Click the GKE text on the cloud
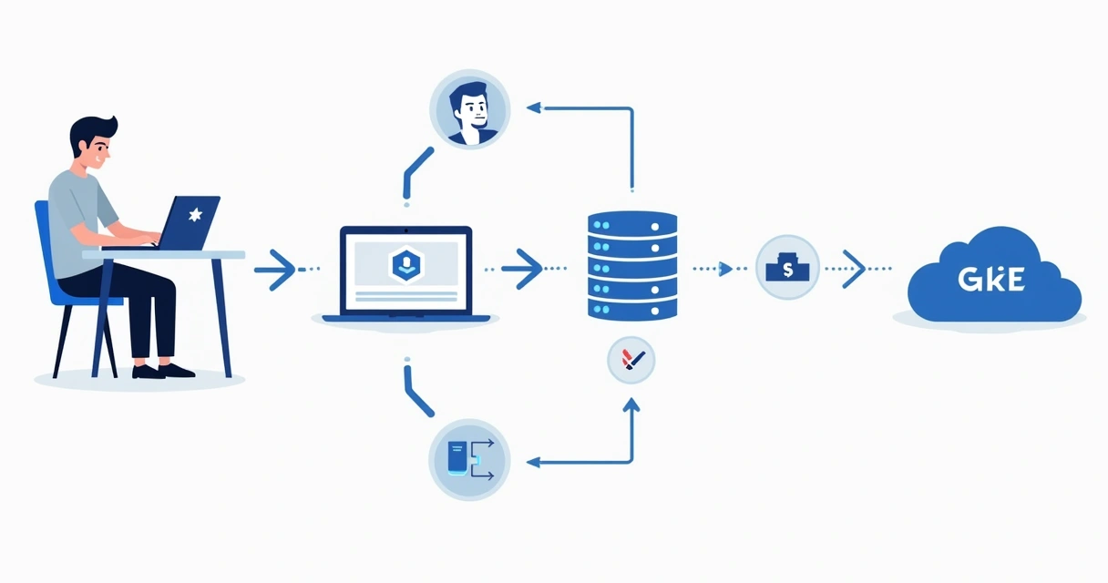(x=991, y=281)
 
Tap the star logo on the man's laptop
(x=193, y=216)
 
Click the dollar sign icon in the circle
(x=787, y=269)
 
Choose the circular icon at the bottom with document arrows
(x=469, y=459)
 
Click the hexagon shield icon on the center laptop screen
(x=405, y=265)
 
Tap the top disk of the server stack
(x=632, y=222)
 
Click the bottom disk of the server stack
(x=632, y=308)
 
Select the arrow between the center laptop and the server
(x=522, y=269)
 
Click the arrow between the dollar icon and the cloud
(x=853, y=269)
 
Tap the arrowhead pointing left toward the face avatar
(x=534, y=107)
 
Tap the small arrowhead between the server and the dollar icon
(x=725, y=269)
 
